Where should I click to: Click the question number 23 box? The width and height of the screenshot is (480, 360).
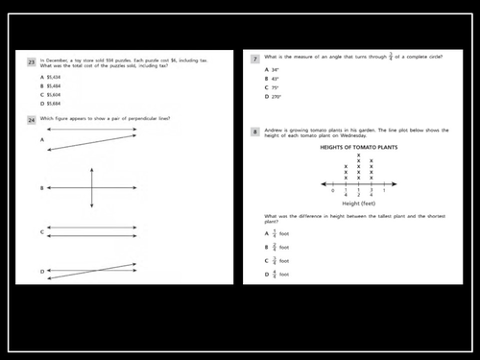[32, 61]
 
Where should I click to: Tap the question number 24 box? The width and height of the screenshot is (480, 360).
[32, 121]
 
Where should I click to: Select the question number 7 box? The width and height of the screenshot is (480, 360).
[254, 59]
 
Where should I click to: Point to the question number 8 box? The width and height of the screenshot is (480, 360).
[254, 132]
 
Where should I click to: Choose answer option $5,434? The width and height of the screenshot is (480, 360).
[52, 76]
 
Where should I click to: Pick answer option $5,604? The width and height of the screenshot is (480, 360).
[52, 95]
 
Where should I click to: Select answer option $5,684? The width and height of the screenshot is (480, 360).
[52, 105]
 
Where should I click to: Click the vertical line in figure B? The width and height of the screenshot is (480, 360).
[92, 188]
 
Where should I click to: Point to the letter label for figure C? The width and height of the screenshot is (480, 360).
[42, 232]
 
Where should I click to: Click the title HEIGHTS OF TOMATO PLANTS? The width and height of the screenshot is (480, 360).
[358, 147]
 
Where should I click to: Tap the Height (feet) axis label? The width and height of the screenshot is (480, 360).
[358, 204]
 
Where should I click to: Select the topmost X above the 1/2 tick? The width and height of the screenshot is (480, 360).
[359, 156]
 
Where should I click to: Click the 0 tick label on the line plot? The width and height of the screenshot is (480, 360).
[332, 190]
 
